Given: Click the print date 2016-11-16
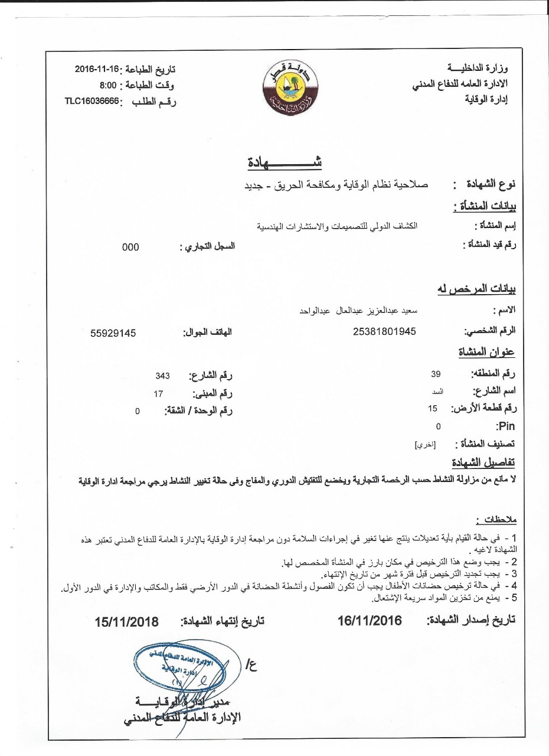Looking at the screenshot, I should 97,69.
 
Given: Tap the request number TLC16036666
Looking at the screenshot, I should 92,101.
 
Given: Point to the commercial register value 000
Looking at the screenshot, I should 130,247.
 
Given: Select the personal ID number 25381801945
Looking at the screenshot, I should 384,331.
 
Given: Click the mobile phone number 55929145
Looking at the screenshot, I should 113,333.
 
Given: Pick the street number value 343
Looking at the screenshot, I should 163,376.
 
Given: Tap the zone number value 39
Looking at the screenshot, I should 436,374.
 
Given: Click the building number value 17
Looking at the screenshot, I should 158,393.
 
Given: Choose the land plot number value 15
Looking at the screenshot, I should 433,408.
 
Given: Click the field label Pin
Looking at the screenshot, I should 506,426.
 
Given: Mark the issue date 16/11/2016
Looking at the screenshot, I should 370,621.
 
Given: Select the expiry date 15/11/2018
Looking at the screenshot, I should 127,622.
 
